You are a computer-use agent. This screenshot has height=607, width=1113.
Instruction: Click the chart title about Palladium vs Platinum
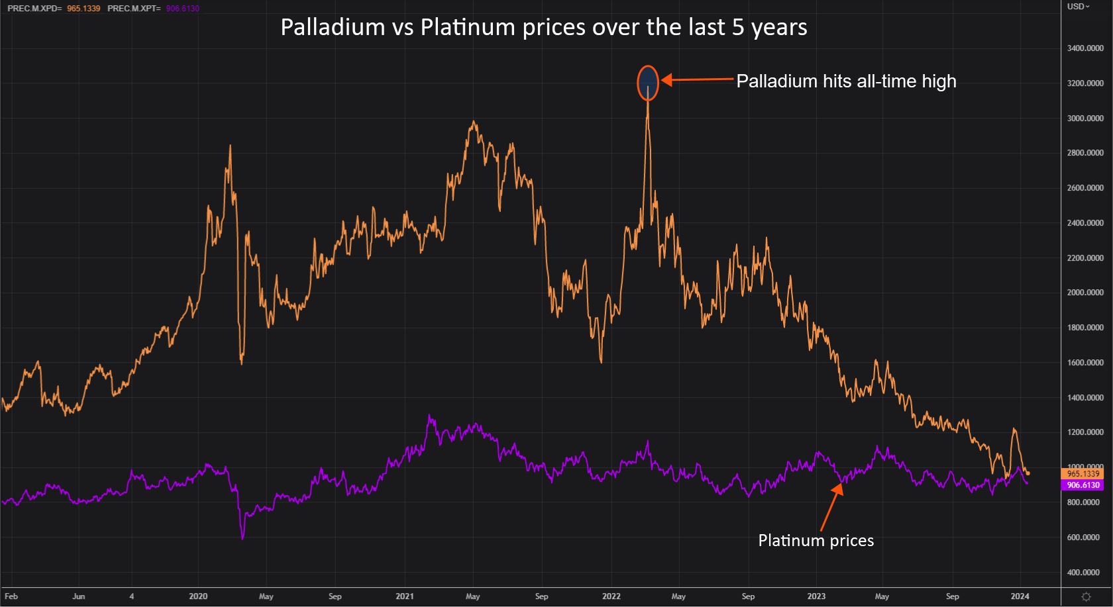coord(543,28)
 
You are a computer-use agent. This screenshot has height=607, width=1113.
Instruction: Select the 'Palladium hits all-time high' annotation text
coord(846,81)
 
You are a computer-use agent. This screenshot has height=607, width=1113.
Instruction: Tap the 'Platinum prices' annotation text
coord(816,541)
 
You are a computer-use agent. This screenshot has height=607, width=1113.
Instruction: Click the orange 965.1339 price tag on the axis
coord(1083,474)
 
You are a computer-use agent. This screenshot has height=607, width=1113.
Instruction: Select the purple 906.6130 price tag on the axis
coord(1083,485)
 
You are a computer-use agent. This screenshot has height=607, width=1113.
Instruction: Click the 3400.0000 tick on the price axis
coord(1085,48)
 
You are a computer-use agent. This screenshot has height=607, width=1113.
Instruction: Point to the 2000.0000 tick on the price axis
coord(1085,293)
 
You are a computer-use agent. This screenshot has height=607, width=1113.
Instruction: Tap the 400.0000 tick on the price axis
coord(1085,573)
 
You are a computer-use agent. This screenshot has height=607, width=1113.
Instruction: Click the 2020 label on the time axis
coord(198,596)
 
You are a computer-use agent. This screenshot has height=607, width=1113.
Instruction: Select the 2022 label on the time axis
coord(611,596)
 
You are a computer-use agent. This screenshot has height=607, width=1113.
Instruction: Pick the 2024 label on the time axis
coord(1020,596)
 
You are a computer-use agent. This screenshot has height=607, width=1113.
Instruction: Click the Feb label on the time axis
coord(11,596)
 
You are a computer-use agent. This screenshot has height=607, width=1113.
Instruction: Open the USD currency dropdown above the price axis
coord(1078,7)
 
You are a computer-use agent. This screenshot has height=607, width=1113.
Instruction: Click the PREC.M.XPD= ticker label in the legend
coord(34,9)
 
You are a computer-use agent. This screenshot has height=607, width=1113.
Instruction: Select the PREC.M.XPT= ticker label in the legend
coord(134,9)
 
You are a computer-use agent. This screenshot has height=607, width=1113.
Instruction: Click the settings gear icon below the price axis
coord(1086,596)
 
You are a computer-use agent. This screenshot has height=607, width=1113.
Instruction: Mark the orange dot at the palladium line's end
coord(1028,473)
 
